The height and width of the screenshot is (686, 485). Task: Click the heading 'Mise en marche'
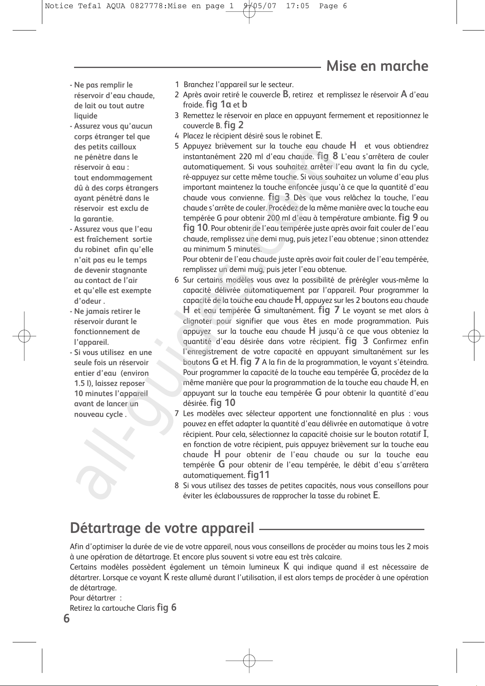click(x=377, y=66)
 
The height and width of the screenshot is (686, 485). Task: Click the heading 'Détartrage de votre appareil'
click(x=162, y=528)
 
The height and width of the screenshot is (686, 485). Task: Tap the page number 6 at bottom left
click(x=66, y=619)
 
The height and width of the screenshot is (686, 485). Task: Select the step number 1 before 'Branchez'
click(x=177, y=85)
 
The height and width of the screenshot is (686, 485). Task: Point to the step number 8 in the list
click(x=177, y=485)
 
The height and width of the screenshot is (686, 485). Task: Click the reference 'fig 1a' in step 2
click(x=218, y=104)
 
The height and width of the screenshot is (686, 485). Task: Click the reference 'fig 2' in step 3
click(x=234, y=125)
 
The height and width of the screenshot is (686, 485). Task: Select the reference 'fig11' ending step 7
click(x=258, y=475)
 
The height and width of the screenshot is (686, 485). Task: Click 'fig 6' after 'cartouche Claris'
click(x=166, y=608)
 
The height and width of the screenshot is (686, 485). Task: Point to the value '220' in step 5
click(x=245, y=157)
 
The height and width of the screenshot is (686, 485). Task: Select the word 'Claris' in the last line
click(x=146, y=608)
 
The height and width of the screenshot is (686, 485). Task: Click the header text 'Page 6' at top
click(x=333, y=6)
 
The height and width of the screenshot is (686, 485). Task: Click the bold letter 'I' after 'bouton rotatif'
click(x=425, y=434)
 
